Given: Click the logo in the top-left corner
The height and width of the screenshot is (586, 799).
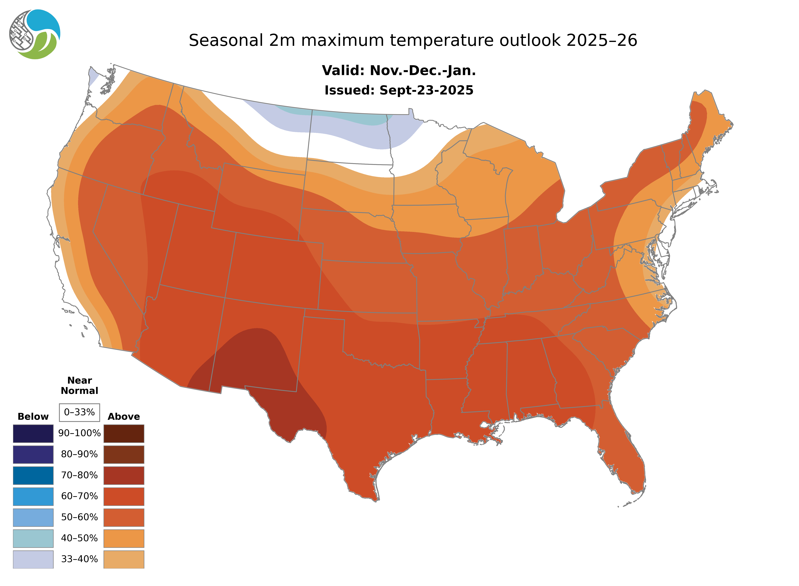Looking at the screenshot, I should (x=35, y=34).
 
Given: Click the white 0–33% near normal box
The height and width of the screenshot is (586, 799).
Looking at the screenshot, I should (x=79, y=412).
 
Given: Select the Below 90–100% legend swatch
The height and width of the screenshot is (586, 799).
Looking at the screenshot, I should (x=33, y=433).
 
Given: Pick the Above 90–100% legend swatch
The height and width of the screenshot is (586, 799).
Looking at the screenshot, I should (x=124, y=433).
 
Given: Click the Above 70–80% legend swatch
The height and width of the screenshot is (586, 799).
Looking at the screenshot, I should (x=124, y=475).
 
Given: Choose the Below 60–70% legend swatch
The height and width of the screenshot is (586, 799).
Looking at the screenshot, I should (x=33, y=496).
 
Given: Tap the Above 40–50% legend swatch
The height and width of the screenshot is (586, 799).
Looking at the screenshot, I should (x=124, y=538).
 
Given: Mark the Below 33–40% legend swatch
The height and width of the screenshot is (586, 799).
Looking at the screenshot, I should (x=33, y=559).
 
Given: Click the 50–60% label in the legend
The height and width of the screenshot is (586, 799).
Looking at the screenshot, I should (x=79, y=517).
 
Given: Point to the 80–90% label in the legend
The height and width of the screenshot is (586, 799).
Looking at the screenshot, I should (x=79, y=454).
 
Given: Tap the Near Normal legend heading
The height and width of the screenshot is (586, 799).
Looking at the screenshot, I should (x=79, y=386).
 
